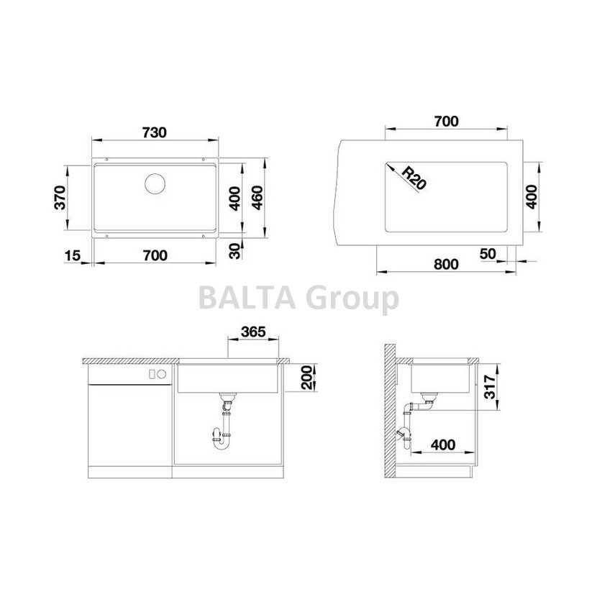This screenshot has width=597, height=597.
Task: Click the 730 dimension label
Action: click(155, 132)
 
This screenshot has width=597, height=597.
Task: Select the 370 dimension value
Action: click(60, 198)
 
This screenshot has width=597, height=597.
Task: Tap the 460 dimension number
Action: click(258, 198)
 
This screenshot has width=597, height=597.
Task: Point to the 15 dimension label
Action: click(73, 255)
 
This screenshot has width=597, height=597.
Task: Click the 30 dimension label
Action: click(235, 251)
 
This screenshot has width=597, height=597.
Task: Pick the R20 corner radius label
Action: click(414, 178)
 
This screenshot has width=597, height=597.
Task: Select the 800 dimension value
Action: click(446, 264)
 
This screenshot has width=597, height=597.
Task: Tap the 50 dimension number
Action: click(488, 254)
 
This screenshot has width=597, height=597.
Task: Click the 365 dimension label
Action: click(253, 332)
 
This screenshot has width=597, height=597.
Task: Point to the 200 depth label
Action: click(307, 377)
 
